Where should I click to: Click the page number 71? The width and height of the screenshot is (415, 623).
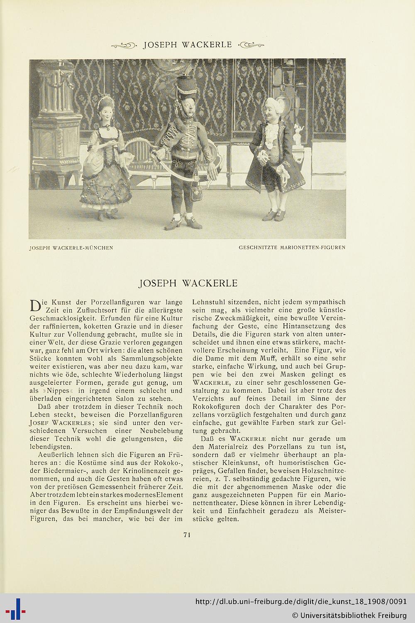click(187, 535)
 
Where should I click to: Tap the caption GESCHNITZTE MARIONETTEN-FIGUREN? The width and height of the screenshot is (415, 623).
click(292, 248)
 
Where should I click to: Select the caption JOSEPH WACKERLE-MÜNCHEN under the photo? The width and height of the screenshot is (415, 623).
click(71, 248)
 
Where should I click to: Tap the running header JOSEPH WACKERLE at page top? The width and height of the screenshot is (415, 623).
click(187, 45)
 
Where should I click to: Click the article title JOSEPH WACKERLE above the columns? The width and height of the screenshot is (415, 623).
click(188, 283)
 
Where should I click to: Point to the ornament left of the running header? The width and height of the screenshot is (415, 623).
click(124, 45)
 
